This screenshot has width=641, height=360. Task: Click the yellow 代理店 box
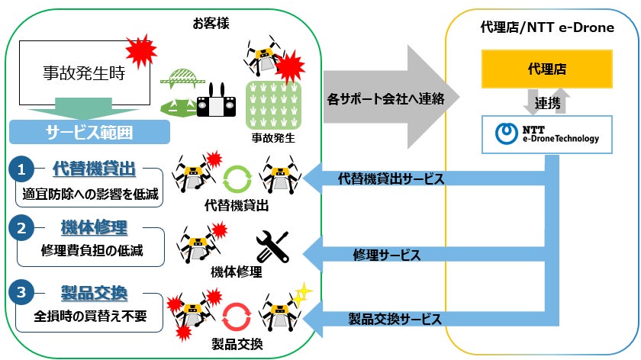[546, 69]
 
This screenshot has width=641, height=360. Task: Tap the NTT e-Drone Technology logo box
[546, 134]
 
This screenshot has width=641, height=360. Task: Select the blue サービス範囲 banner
[89, 132]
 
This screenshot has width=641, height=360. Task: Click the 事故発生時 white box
[85, 72]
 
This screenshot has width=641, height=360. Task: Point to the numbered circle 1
[21, 169]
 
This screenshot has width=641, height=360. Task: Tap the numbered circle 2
[21, 228]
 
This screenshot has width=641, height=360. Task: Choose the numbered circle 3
[21, 292]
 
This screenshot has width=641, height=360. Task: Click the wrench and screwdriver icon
[272, 246]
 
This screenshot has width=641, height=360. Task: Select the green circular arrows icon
[237, 178]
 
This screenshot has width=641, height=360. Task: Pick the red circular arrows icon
[237, 317]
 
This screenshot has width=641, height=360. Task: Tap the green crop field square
[273, 105]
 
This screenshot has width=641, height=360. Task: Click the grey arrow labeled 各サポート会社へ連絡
[391, 98]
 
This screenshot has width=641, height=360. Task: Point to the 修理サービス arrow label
[387, 255]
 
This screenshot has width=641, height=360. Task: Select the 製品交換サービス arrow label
[395, 319]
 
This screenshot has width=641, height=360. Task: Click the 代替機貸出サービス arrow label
[391, 178]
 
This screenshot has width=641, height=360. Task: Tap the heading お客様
[211, 24]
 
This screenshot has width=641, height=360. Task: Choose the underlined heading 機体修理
[94, 227]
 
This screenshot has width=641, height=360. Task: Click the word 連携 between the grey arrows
[547, 103]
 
